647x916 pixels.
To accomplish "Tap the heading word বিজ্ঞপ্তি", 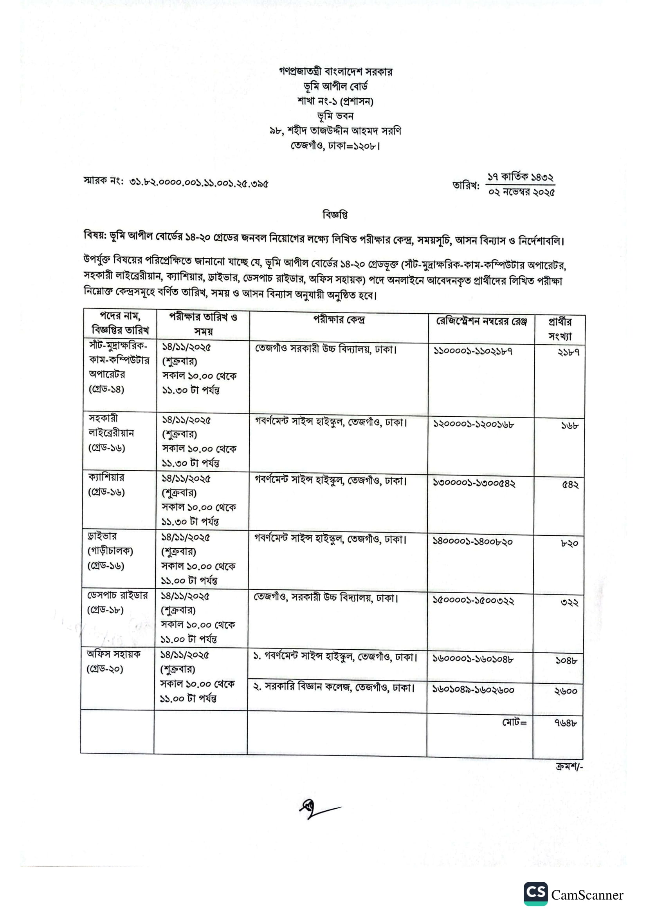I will click(x=335, y=215).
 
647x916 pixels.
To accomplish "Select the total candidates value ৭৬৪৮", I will click(x=565, y=723).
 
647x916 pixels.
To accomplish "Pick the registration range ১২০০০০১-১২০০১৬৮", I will click(x=474, y=424).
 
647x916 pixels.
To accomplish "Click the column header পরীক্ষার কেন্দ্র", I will click(x=339, y=320).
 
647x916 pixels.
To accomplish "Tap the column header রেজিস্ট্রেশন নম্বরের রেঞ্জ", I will click(x=481, y=321).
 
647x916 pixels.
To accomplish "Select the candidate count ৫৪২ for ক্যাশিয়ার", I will click(x=570, y=484).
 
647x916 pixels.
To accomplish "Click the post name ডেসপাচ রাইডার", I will click(x=117, y=595).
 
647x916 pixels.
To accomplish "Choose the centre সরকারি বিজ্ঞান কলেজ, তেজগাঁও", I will click(x=334, y=687).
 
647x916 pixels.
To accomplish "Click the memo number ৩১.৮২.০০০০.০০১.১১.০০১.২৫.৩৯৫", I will click(x=198, y=184).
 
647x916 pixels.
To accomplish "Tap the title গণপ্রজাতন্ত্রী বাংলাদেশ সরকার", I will click(x=336, y=72).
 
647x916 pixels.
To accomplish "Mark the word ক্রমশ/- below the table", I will click(x=569, y=766).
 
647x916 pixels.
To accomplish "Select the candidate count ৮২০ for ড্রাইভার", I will click(x=569, y=543).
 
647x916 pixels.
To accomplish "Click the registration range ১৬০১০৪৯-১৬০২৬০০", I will click(x=473, y=689).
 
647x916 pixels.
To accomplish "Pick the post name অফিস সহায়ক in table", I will click(x=114, y=654).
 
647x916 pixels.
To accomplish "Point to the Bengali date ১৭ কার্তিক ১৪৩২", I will click(x=520, y=177).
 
